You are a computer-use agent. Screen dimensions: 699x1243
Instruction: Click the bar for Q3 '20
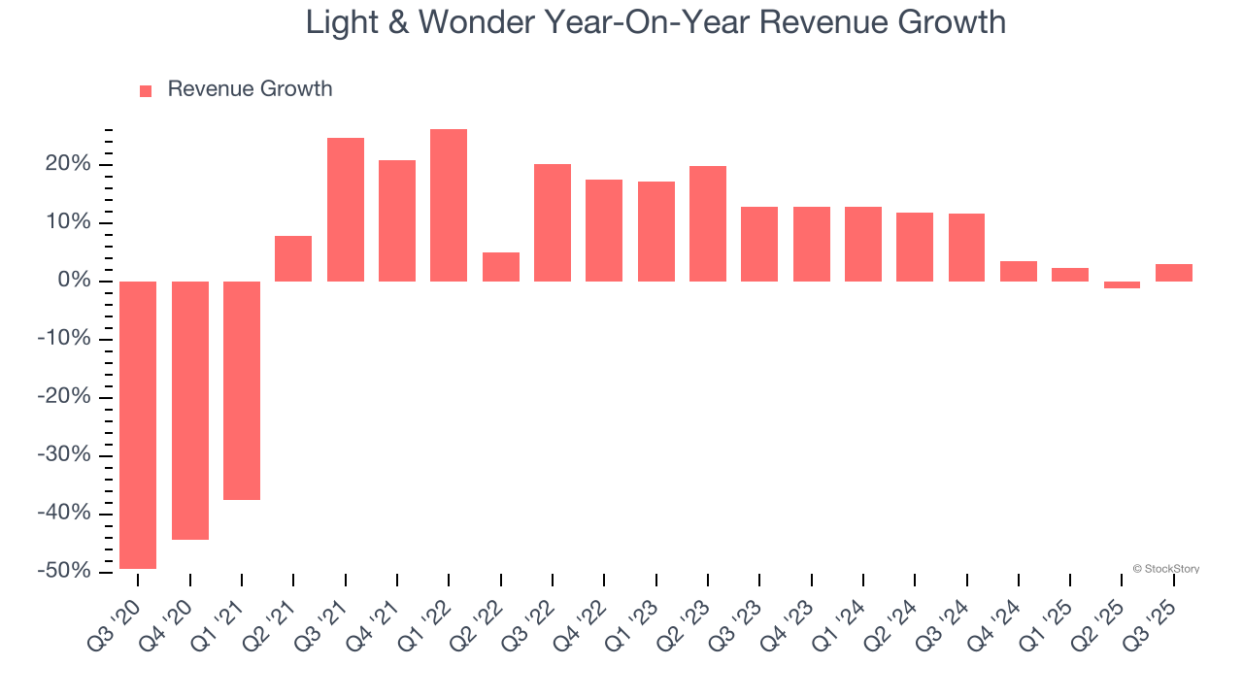[138, 424]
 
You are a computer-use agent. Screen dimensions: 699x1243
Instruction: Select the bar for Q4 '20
[190, 410]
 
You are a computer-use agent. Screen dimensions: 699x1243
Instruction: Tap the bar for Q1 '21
[242, 390]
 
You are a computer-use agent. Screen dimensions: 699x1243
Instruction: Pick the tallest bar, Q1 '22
[449, 205]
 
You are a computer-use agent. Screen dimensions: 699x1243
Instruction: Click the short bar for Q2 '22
[501, 267]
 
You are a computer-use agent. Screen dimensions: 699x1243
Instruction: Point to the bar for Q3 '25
[1173, 273]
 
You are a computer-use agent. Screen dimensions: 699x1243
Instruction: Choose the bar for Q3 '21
[346, 210]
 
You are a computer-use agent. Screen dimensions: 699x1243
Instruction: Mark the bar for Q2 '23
[708, 223]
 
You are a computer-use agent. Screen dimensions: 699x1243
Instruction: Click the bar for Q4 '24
[1019, 271]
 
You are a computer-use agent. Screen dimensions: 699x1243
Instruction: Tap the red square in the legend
[146, 90]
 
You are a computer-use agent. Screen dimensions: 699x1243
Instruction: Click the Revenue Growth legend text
[250, 89]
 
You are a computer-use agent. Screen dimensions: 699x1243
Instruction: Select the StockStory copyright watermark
[1165, 569]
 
